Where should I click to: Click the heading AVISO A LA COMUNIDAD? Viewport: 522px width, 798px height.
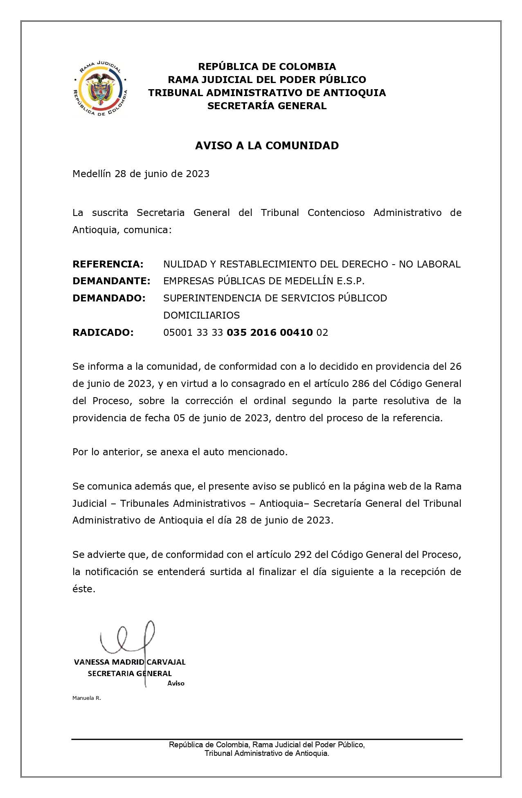pyautogui.click(x=267, y=146)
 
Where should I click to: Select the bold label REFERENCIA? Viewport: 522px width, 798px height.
pyautogui.click(x=108, y=264)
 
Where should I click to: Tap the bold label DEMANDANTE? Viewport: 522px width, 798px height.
pyautogui.click(x=111, y=281)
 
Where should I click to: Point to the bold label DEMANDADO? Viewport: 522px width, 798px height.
pyautogui.click(x=109, y=299)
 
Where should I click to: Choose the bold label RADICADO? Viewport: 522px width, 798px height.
pyautogui.click(x=103, y=333)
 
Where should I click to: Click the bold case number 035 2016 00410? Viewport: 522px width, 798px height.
pyautogui.click(x=270, y=333)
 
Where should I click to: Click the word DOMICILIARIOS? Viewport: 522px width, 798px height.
pyautogui.click(x=201, y=315)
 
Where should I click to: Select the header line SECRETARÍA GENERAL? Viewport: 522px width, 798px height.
pyautogui.click(x=267, y=106)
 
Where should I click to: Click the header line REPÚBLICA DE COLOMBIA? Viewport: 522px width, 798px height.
pyautogui.click(x=267, y=67)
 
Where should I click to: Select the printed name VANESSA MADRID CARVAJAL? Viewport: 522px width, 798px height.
pyautogui.click(x=130, y=662)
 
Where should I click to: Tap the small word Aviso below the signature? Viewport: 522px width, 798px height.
pyautogui.click(x=176, y=683)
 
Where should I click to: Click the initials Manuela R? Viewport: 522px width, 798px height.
pyautogui.click(x=87, y=698)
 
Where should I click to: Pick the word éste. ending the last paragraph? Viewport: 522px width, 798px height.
pyautogui.click(x=84, y=589)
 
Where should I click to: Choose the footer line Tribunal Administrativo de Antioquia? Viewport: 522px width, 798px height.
pyautogui.click(x=267, y=753)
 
